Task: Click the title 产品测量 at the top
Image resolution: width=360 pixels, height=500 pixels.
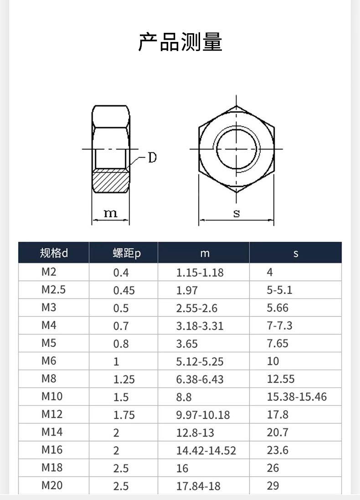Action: pos(180,42)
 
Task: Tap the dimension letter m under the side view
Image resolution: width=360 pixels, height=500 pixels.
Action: pos(110,213)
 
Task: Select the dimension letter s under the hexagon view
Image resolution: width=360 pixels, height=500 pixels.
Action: pos(236,213)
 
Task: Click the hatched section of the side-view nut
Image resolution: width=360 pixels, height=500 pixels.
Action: pos(111,181)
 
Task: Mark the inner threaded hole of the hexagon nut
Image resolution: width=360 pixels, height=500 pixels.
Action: pos(237,149)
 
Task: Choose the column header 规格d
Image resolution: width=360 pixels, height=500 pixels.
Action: pos(54,253)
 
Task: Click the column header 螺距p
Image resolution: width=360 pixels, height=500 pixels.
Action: pos(127,253)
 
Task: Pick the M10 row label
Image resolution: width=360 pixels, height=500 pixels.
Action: pos(52,397)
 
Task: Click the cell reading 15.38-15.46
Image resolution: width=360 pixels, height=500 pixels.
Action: pos(297,397)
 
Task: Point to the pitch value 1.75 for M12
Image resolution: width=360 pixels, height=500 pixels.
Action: pos(124,415)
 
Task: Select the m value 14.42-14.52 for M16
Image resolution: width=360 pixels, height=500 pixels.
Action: pos(206,451)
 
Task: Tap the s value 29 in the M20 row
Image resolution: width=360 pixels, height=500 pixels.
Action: pos(273,486)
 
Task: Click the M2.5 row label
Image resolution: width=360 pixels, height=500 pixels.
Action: pos(53,290)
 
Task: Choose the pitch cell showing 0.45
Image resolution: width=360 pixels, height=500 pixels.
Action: pos(124,290)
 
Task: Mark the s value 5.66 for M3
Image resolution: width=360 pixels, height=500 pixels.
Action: pos(278,308)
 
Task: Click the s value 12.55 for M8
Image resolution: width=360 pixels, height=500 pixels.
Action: pos(281,379)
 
